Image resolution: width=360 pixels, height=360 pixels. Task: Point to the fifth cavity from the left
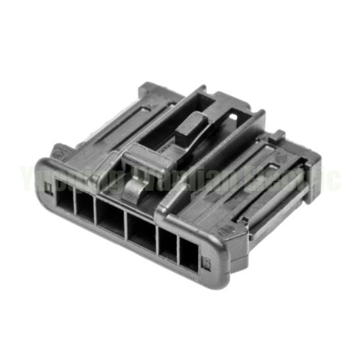(x=168, y=246)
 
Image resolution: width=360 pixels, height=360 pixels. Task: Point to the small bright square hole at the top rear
(x=233, y=117)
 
